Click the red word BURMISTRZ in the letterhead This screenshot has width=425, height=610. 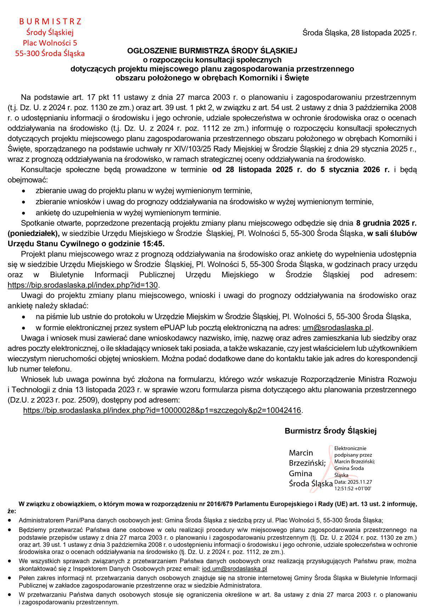click(x=50, y=21)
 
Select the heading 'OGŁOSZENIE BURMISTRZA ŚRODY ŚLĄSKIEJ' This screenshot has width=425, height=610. click(x=212, y=51)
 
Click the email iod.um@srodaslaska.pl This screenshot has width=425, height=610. click(x=234, y=569)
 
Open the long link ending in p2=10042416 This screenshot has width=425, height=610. click(x=162, y=410)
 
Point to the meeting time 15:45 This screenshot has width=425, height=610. click(x=155, y=244)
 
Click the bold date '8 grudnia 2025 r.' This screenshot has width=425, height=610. click(x=386, y=223)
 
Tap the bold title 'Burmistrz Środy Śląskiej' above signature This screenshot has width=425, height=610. click(x=330, y=431)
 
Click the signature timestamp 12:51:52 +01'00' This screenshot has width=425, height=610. click(x=353, y=488)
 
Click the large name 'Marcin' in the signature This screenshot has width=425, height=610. click(x=301, y=453)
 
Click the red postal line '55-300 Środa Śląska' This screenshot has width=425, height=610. click(x=50, y=53)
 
